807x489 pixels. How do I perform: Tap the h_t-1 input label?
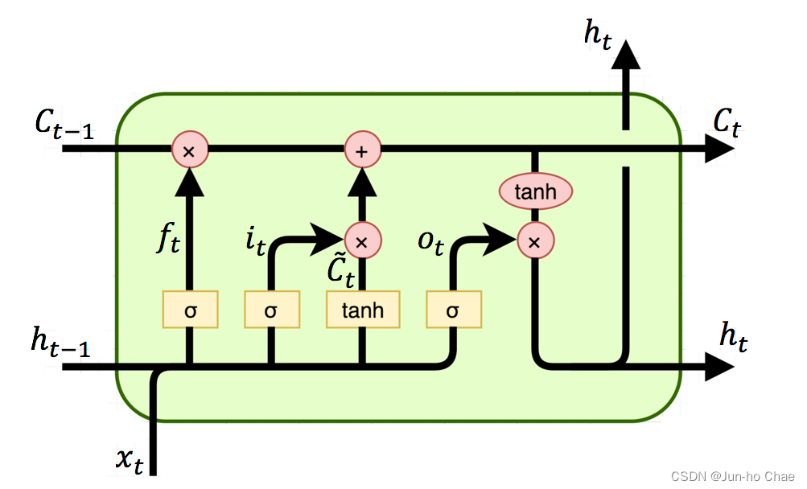[60, 342]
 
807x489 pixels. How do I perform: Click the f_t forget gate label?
[169, 240]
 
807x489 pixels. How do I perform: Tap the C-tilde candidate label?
[340, 271]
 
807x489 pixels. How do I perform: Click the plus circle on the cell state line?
[362, 150]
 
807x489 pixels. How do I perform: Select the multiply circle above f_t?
[189, 150]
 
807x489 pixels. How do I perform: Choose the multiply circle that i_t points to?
[362, 240]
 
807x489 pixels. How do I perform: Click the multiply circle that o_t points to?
[533, 240]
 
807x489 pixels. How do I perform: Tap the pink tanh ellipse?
[535, 191]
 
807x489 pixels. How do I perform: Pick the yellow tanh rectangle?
[362, 310]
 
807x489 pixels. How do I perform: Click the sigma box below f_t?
[190, 310]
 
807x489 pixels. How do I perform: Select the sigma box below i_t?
[271, 310]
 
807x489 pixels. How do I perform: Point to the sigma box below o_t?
[453, 310]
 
